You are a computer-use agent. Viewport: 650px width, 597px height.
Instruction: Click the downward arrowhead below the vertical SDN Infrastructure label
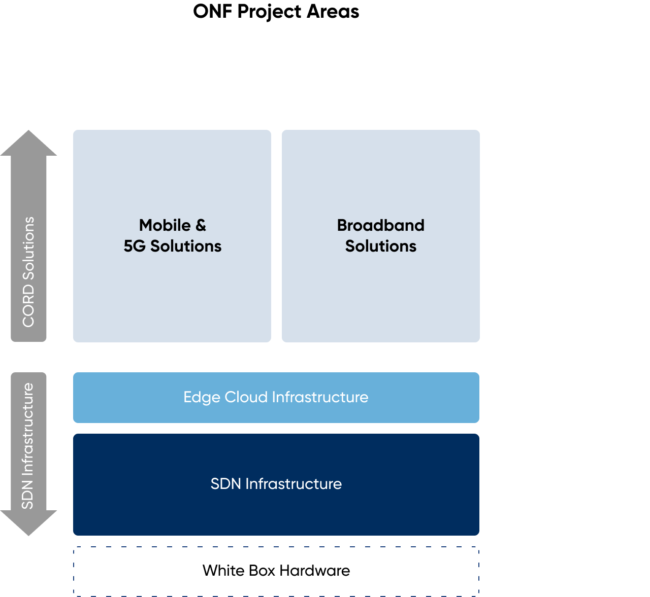click(x=28, y=522)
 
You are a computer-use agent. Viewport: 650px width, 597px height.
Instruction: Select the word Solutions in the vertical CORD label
click(x=28, y=249)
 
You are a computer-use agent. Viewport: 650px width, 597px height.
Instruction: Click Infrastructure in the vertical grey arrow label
click(x=27, y=429)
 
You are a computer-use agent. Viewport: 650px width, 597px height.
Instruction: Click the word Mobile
click(x=165, y=225)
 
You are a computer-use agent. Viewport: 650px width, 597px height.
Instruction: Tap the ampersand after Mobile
click(x=201, y=225)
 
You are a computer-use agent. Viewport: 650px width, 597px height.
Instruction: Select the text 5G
click(x=135, y=246)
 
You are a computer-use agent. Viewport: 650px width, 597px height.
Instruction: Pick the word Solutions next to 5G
click(x=186, y=246)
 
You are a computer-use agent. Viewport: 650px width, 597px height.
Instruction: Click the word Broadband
click(x=380, y=225)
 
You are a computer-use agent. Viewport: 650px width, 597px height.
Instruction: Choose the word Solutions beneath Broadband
click(x=380, y=246)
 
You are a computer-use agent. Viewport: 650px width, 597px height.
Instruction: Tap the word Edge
click(x=202, y=397)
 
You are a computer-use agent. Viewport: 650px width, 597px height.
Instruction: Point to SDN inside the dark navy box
click(x=225, y=484)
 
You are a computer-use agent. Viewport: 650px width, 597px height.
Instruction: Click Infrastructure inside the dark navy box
click(x=294, y=484)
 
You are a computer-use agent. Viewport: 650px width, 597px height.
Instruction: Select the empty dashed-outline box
click(x=276, y=571)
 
